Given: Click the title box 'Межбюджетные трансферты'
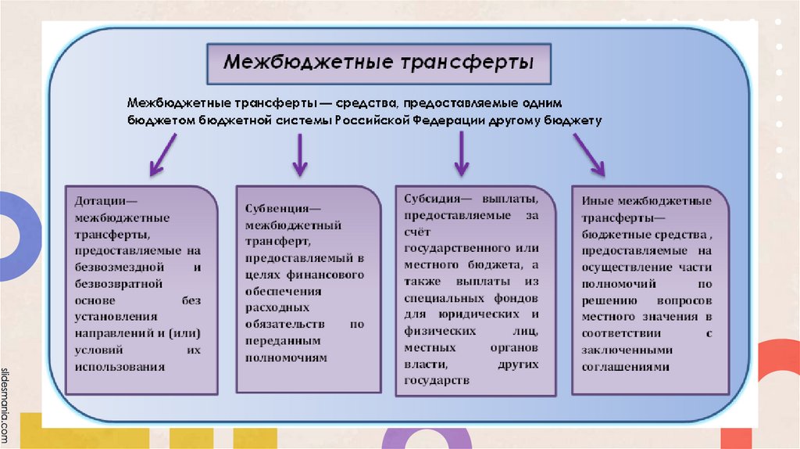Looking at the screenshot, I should [x=379, y=63].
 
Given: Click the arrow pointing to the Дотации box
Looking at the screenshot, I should [x=162, y=153].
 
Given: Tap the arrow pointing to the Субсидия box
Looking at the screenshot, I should [x=461, y=153].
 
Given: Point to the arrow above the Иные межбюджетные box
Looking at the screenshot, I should [x=589, y=153].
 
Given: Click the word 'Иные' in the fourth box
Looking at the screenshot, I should [x=597, y=201].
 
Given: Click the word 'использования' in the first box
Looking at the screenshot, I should [x=120, y=365].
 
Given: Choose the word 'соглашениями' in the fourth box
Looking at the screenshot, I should [x=627, y=367].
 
